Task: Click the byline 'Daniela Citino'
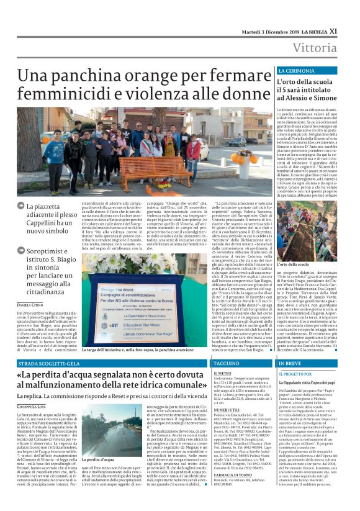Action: point(30,305)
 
